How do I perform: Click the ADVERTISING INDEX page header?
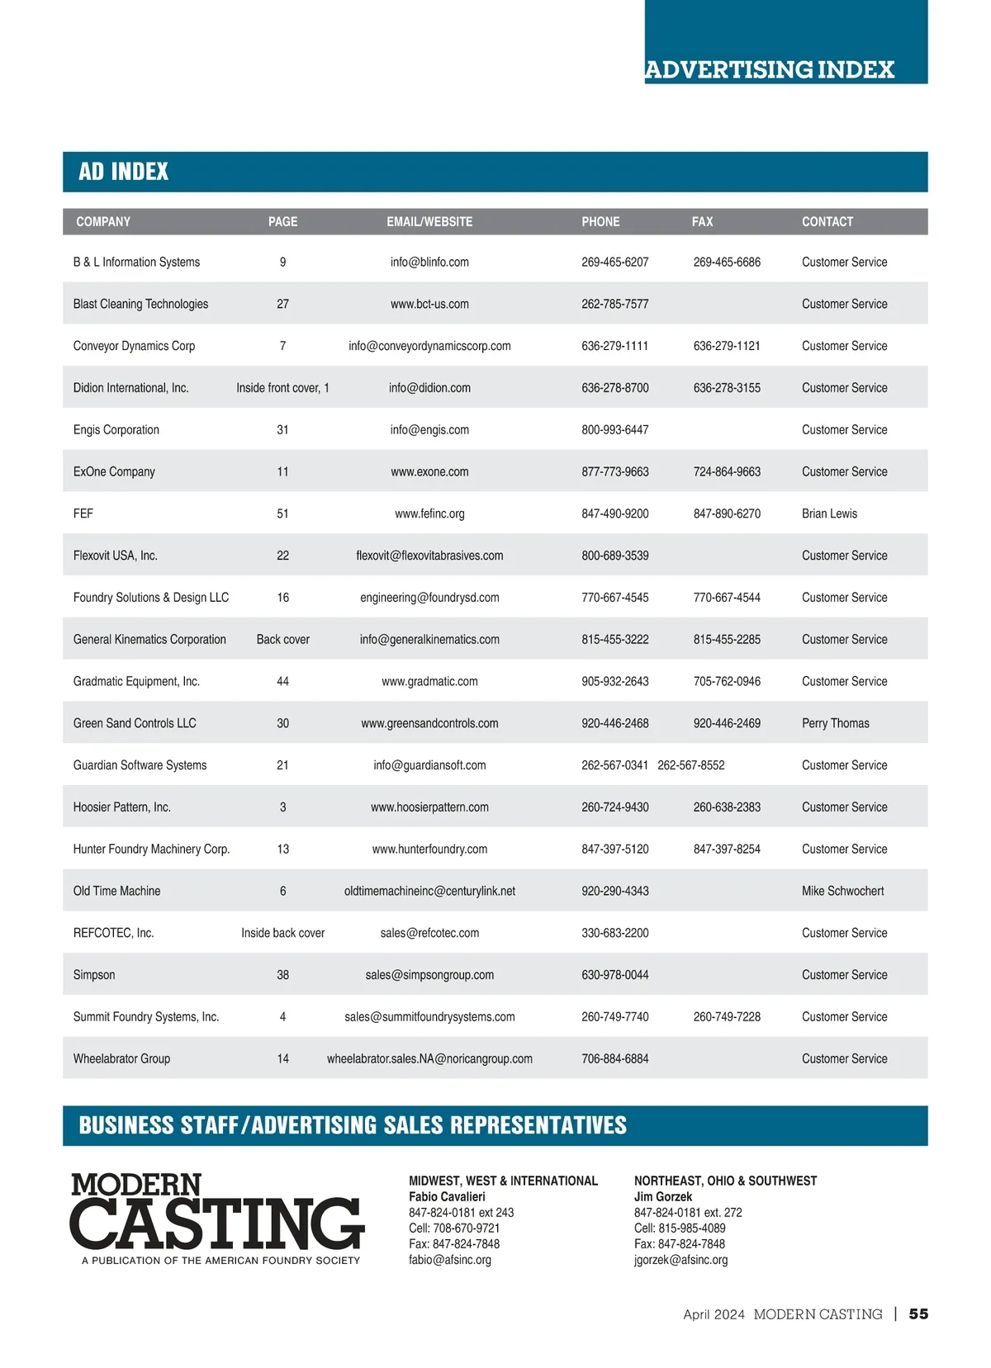pos(770,69)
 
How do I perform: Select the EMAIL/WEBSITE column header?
pos(429,221)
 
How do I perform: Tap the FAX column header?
pos(702,221)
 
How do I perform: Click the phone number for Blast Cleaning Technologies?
pos(614,304)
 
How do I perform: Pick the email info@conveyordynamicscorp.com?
pos(429,346)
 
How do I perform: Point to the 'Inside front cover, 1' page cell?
pos(282,388)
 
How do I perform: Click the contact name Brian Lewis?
pos(829,514)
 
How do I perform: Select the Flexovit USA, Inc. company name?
pos(115,556)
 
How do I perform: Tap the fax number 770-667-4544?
pos(727,598)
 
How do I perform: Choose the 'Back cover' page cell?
pos(282,640)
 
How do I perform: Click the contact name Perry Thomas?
pos(835,723)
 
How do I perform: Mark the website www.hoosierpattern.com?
pos(429,807)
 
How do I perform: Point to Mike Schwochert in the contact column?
pos(842,891)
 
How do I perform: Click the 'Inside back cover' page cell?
pos(282,933)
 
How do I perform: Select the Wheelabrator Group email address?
pos(429,1058)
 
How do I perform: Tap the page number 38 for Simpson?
pos(282,975)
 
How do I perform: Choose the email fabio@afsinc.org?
pos(450,1260)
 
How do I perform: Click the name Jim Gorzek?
pos(663,1196)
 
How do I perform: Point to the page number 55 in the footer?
pos(918,1314)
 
